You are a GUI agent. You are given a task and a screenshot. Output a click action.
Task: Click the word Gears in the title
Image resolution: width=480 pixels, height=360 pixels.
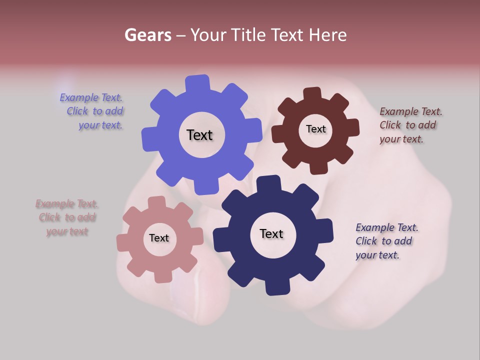(148, 35)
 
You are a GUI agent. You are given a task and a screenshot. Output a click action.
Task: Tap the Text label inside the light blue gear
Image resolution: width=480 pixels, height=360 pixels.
(199, 135)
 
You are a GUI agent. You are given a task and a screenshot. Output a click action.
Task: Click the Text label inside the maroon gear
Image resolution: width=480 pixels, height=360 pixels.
(315, 129)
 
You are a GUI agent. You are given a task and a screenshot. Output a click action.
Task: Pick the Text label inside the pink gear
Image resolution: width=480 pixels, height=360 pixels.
(159, 238)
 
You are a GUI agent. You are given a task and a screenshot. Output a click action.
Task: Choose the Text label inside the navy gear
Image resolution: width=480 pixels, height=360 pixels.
(271, 233)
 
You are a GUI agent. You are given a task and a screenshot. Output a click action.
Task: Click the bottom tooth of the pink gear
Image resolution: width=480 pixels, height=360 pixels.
(163, 276)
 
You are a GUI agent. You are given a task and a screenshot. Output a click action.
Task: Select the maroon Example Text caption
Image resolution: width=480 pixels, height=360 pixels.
(410, 125)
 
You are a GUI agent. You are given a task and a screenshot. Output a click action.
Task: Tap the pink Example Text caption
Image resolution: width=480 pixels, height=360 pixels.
(67, 217)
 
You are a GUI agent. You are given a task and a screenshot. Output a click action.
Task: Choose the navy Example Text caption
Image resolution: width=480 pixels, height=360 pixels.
(386, 241)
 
